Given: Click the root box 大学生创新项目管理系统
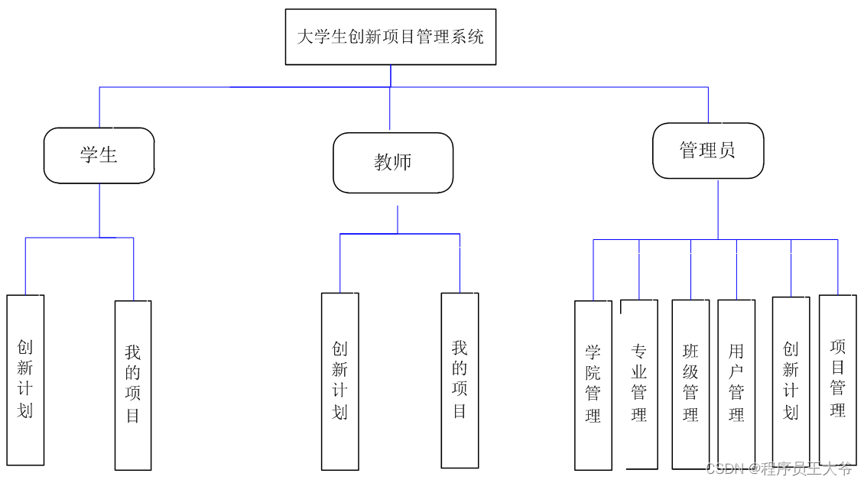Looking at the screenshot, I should coord(390,37).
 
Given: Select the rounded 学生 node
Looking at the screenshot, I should coord(99,155).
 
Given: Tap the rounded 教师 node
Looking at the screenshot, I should coord(393,162).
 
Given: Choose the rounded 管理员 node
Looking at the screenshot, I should coord(707,151).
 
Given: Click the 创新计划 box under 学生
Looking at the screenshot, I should coord(25,379).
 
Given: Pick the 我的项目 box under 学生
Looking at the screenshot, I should coord(133,384).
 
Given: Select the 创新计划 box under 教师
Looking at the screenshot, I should coord(339,381).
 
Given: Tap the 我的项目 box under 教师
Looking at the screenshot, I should coord(460,380).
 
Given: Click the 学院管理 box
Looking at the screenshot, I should coord(593,384).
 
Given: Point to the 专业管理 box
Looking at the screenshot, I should coord(639,384).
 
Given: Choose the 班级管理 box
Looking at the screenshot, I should coord(690,384).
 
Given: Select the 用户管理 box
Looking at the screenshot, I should coord(736,384).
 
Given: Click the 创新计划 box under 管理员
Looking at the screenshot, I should coord(791,381).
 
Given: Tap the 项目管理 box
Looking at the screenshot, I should coord(837,379).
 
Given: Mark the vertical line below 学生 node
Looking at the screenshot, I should coord(99,210).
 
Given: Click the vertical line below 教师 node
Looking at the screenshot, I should coord(398,219).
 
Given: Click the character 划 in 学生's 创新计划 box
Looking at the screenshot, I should coord(25,410).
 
